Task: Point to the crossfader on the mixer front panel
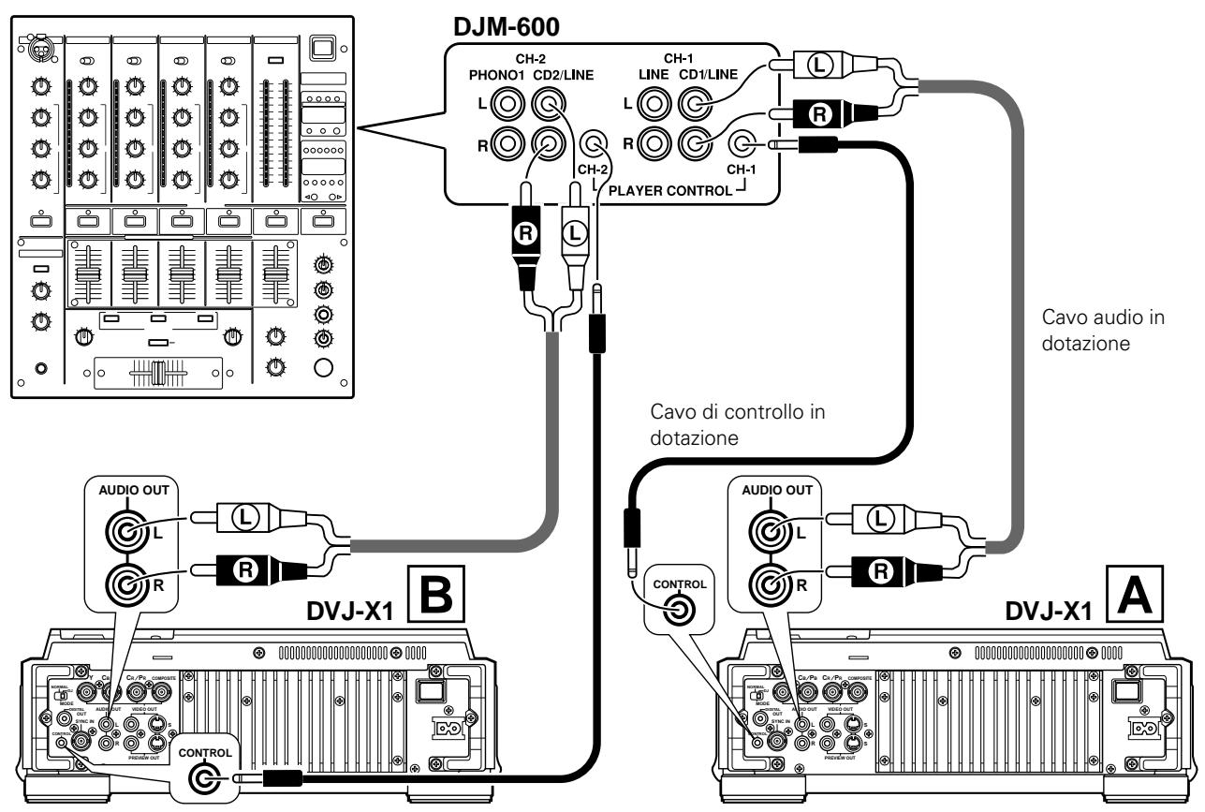(157, 373)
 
